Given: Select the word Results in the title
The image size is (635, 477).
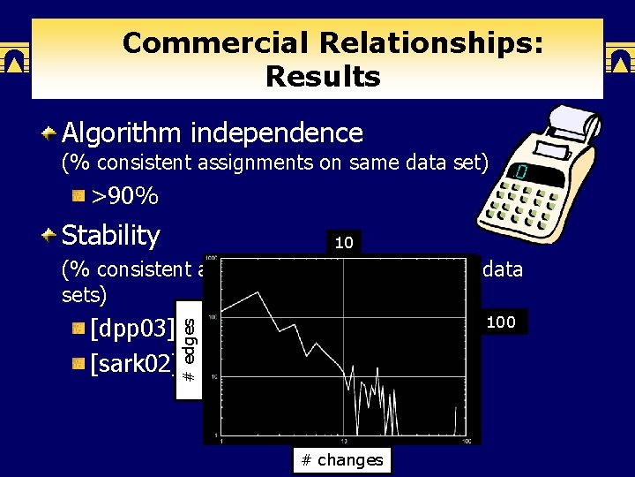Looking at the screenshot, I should pyautogui.click(x=322, y=77).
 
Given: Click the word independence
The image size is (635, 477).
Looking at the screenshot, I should pyautogui.click(x=275, y=133).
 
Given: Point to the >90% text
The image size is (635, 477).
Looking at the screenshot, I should pyautogui.click(x=124, y=195).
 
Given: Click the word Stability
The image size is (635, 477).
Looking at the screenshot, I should pyautogui.click(x=111, y=236).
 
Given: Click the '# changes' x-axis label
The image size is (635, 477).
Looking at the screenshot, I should pyautogui.click(x=341, y=459).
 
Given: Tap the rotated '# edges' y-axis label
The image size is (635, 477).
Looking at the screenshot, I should pyautogui.click(x=188, y=351).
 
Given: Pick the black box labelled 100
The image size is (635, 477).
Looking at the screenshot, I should pyautogui.click(x=500, y=322).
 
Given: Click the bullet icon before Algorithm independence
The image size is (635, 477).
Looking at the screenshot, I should pyautogui.click(x=50, y=134).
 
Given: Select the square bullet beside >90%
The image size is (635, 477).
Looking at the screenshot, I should pyautogui.click(x=78, y=195).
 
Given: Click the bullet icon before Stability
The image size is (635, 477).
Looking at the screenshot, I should pyautogui.click(x=50, y=236).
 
